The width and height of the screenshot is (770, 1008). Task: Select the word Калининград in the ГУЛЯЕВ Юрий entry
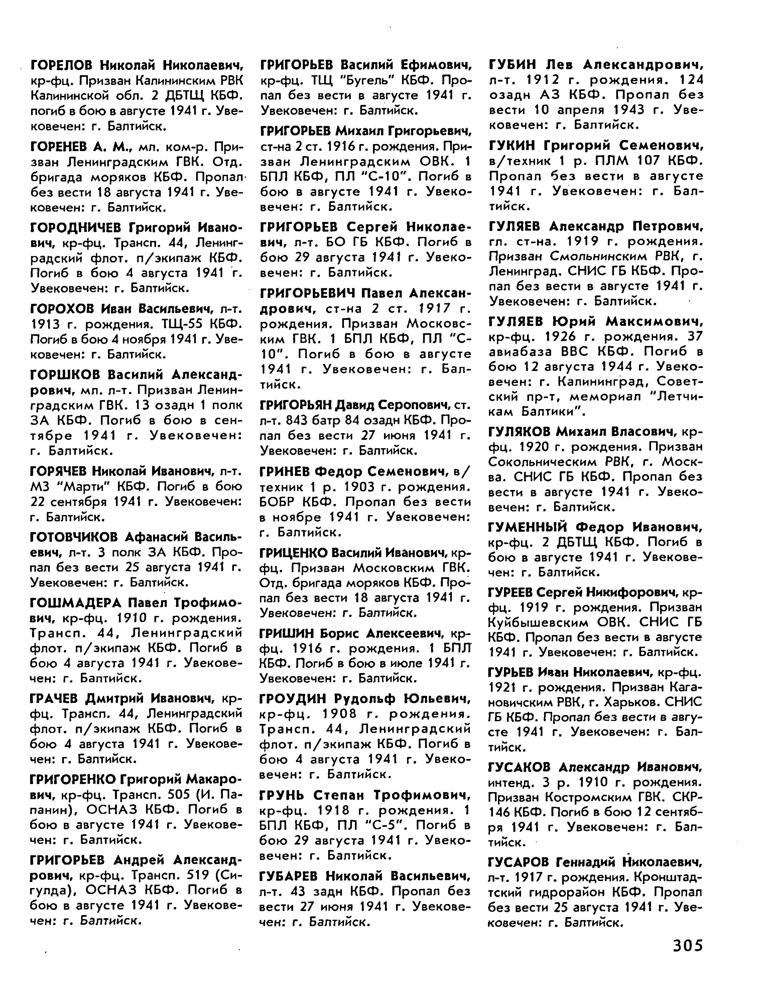[x=602, y=382]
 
